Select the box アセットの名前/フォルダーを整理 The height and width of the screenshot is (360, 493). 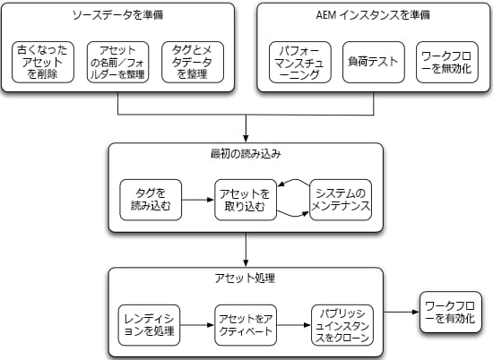point(119,61)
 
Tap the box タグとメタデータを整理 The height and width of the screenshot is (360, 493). point(192,61)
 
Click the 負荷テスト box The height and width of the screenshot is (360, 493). point(373,61)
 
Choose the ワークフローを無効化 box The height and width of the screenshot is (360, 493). point(447,61)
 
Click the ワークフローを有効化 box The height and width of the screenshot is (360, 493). point(453,313)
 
